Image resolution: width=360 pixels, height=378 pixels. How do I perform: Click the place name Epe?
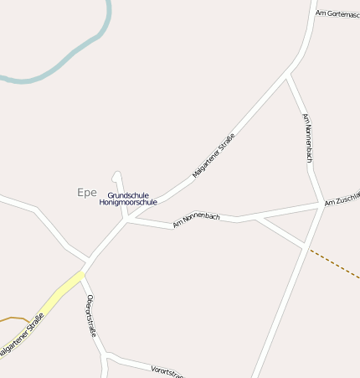(x=87, y=193)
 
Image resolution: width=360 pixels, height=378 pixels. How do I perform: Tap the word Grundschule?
(x=128, y=195)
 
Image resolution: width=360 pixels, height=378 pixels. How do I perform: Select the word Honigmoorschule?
(x=128, y=203)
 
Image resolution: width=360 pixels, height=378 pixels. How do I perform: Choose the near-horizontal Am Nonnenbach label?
(x=197, y=220)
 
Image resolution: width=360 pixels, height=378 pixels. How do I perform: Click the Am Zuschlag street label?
(x=342, y=198)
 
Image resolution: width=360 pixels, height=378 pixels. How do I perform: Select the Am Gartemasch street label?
(x=337, y=13)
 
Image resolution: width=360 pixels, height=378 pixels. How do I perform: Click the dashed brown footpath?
(x=335, y=264)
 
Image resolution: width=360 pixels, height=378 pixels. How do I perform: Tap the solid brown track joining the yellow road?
(x=15, y=319)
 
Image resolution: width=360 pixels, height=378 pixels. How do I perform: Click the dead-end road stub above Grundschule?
(x=117, y=178)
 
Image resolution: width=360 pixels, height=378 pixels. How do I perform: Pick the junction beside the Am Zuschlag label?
(x=323, y=204)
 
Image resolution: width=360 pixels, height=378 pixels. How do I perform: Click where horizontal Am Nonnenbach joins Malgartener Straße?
(x=128, y=220)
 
